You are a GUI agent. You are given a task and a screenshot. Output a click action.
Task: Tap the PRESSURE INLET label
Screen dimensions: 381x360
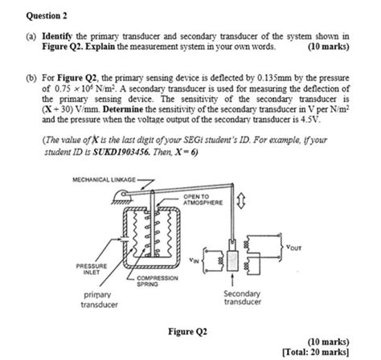coord(88,269)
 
